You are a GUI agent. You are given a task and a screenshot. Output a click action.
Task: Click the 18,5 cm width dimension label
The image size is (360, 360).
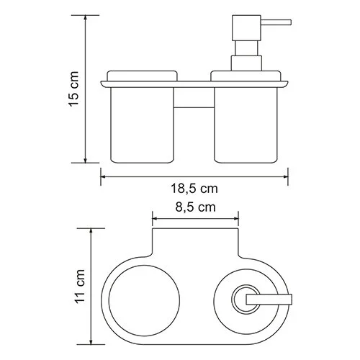[194, 189]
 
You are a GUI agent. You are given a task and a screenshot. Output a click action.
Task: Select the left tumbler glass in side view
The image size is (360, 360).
[141, 122]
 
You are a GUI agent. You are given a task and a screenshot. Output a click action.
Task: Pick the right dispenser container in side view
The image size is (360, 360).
[247, 122]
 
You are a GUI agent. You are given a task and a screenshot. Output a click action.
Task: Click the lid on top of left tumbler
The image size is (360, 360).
[141, 74]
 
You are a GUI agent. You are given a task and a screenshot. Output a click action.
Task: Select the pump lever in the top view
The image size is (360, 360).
[271, 297]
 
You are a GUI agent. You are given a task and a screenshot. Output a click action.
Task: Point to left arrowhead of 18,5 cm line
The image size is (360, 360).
[102, 174]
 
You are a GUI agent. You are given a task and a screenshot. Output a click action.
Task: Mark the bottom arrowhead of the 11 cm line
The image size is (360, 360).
[92, 341]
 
